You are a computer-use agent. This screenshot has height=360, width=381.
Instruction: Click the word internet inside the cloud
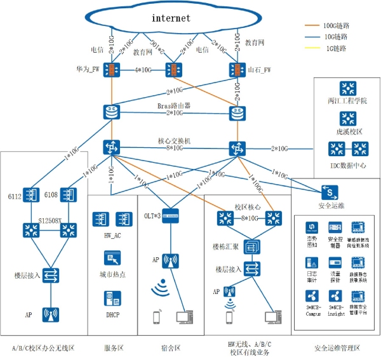171,18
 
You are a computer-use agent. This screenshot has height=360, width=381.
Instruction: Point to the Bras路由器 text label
175,105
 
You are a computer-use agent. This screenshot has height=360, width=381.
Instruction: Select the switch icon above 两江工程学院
347,88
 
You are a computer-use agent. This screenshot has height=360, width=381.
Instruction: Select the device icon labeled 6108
67,194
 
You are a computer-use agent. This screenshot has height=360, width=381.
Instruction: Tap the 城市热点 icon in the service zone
112,258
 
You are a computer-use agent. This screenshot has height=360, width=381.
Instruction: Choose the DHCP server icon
112,298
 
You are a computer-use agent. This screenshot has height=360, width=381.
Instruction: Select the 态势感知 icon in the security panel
312,227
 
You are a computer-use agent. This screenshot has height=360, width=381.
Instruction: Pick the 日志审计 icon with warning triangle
312,262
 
